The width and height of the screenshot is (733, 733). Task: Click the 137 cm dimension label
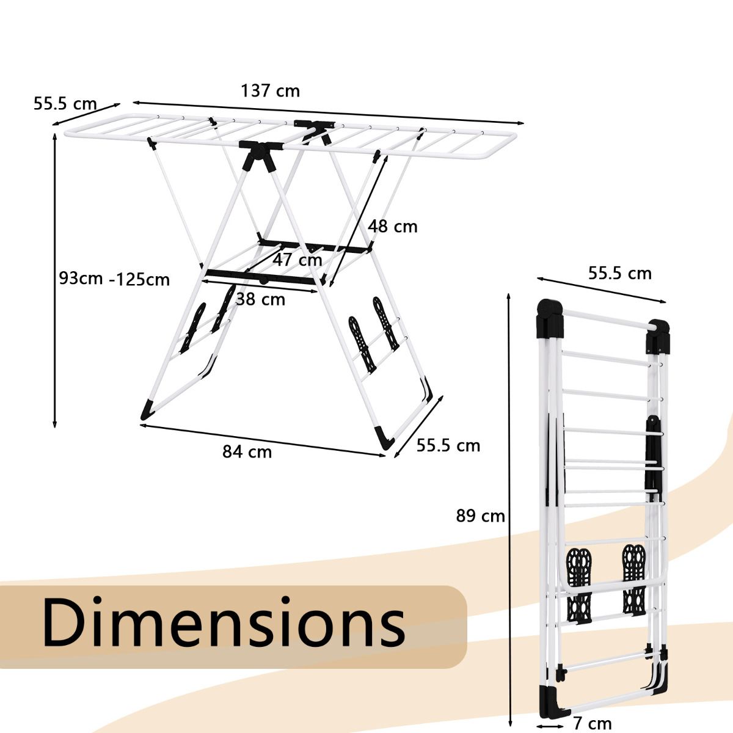271,91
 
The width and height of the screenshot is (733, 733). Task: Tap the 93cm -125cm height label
114,279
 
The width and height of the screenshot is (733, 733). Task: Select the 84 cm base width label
247,452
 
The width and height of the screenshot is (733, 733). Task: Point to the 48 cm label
393,227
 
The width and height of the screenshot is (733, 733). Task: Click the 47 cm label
297,260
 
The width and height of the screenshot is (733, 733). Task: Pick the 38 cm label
261,299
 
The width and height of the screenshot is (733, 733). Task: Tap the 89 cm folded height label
481,516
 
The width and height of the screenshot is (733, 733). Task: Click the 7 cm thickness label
593,723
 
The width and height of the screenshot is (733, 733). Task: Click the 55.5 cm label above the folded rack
620,274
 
